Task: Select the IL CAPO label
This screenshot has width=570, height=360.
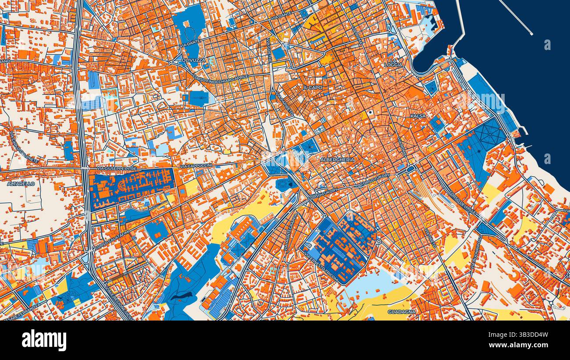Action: (x=313, y=88)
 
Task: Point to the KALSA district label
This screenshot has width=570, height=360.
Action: (x=418, y=116)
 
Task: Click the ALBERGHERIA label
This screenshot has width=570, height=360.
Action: (x=337, y=160)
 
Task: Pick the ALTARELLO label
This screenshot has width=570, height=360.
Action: (x=21, y=184)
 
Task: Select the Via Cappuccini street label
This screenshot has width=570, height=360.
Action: (x=196, y=166)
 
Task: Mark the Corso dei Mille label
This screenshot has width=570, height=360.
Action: (x=458, y=202)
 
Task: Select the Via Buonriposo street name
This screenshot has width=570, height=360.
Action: (x=476, y=253)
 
